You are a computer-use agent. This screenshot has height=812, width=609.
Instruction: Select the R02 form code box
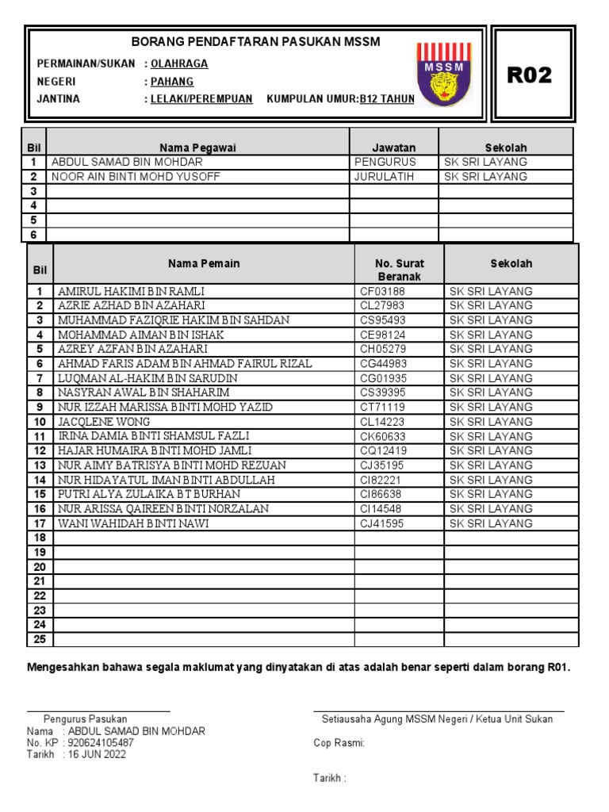[x=530, y=75]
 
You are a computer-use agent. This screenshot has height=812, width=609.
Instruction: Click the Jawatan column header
[x=394, y=147]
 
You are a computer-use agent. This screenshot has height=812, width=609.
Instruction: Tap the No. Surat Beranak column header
[x=400, y=270]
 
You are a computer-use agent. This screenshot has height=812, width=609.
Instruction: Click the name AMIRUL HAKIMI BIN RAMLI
[x=130, y=291]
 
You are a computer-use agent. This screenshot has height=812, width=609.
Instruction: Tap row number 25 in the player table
[x=40, y=639]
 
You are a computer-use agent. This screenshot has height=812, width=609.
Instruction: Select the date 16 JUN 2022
[x=97, y=755]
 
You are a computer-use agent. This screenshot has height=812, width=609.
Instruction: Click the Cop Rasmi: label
[x=339, y=743]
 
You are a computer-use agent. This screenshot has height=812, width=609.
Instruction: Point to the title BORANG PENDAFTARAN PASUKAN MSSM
[x=255, y=41]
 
